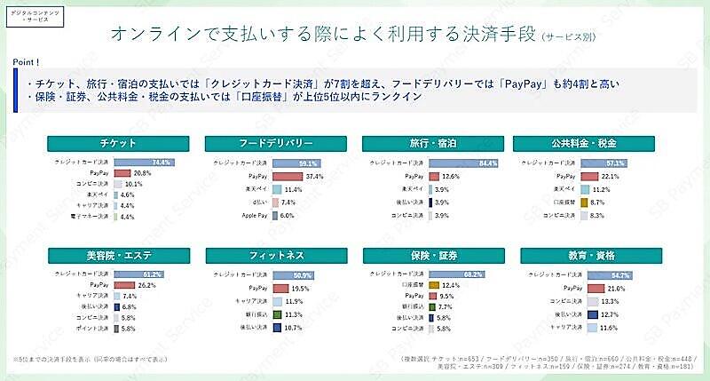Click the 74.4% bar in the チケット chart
[x=141, y=163]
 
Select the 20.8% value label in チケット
[x=141, y=172]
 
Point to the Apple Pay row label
[x=256, y=215]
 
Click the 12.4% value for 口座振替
[x=452, y=284]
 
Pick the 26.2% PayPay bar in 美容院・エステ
[x=121, y=284]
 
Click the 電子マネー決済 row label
[x=90, y=216]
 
